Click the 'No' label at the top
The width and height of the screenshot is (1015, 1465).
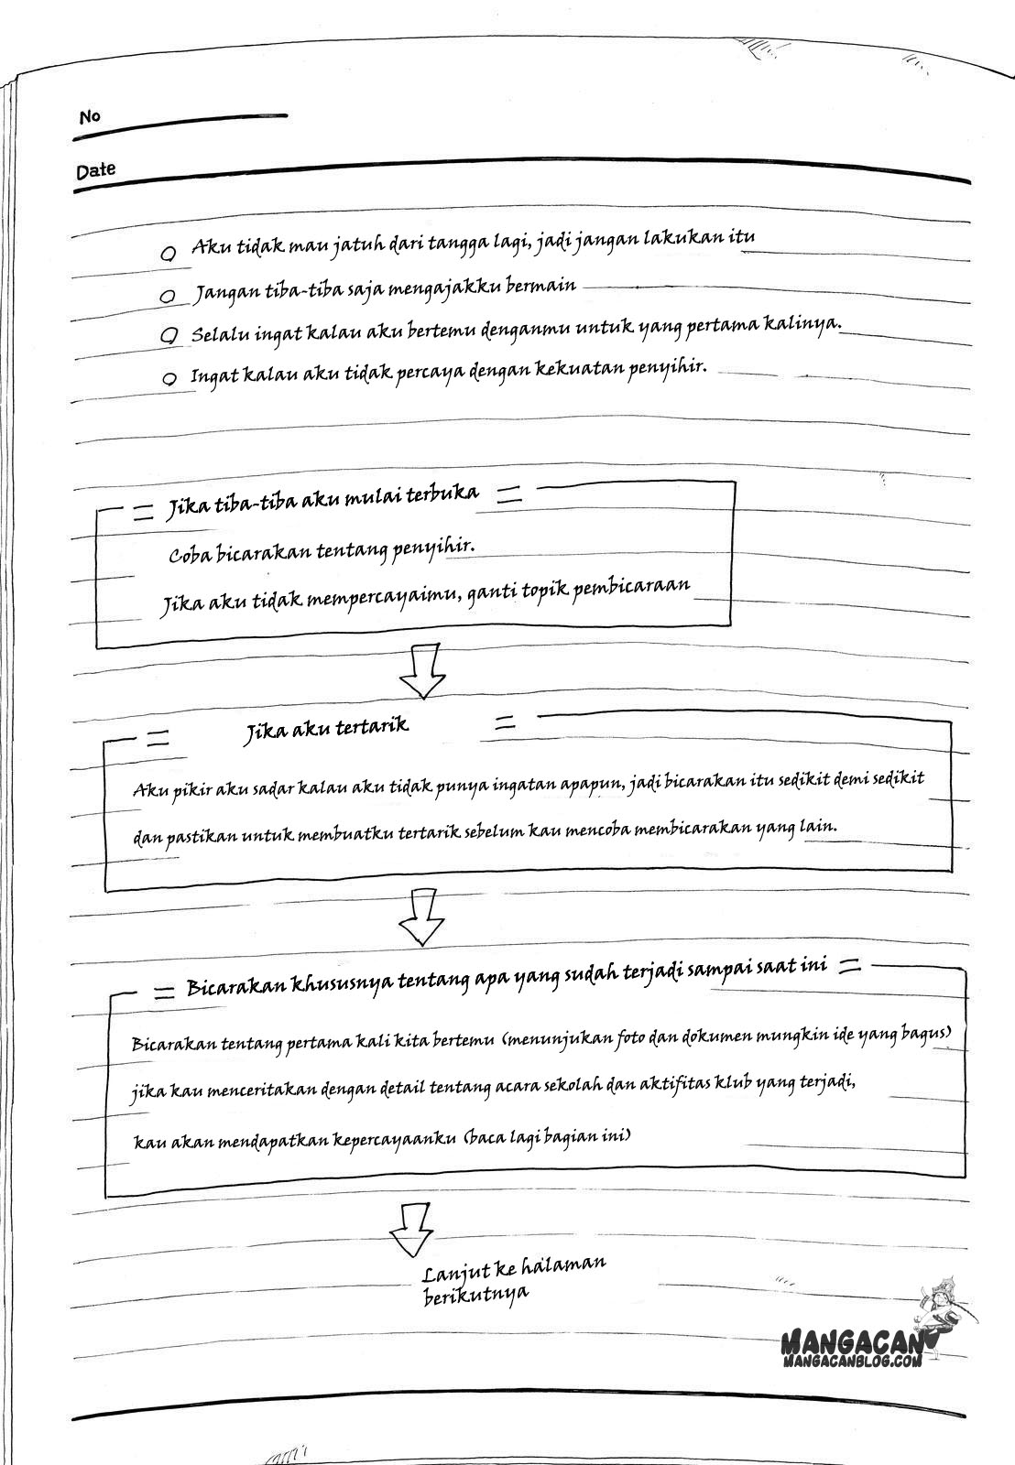click(x=90, y=117)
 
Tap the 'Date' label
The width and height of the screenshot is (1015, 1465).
click(x=96, y=170)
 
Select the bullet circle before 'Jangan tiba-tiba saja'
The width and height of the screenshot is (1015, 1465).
click(x=168, y=297)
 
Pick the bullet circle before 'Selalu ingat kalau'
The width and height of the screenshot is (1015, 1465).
click(x=168, y=336)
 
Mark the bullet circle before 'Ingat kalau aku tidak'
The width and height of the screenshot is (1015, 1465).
click(x=169, y=378)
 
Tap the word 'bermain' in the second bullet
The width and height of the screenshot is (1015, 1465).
click(x=542, y=286)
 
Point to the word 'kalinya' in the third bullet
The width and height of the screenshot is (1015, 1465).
click(x=803, y=325)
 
